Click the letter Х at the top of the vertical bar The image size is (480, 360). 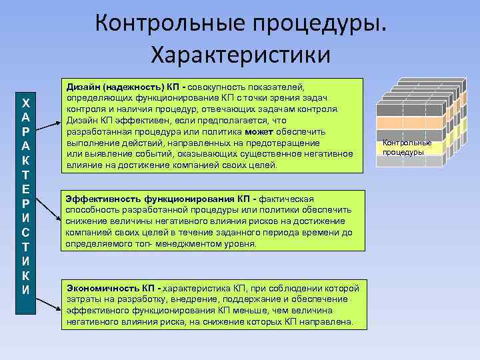pyautogui.click(x=25, y=103)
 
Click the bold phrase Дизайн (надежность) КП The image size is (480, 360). pyautogui.click(x=125, y=87)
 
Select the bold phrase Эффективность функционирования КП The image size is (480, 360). pyautogui.click(x=152, y=199)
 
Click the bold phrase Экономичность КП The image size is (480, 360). pyautogui.click(x=112, y=288)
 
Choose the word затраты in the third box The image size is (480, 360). pyautogui.click(x=83, y=299)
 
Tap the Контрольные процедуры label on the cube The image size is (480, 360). pyautogui.click(x=407, y=147)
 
